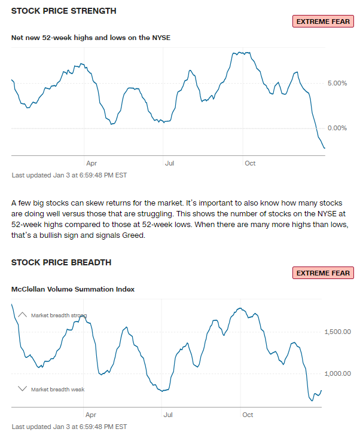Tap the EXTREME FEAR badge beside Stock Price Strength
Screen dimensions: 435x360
323,21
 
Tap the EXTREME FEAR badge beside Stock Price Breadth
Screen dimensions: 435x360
323,273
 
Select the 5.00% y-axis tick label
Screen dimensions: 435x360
337,83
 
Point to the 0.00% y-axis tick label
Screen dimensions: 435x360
337,128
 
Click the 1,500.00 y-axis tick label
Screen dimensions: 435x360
337,332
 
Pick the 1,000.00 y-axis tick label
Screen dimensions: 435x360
337,374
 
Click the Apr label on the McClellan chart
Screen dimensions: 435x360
90,414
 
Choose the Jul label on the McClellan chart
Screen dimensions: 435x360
168,414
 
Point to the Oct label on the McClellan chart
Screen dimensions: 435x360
248,414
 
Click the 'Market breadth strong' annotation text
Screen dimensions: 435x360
59,315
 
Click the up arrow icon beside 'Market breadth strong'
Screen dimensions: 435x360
23,314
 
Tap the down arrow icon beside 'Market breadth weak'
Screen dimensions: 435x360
23,389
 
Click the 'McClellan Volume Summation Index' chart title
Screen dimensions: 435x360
73,289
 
